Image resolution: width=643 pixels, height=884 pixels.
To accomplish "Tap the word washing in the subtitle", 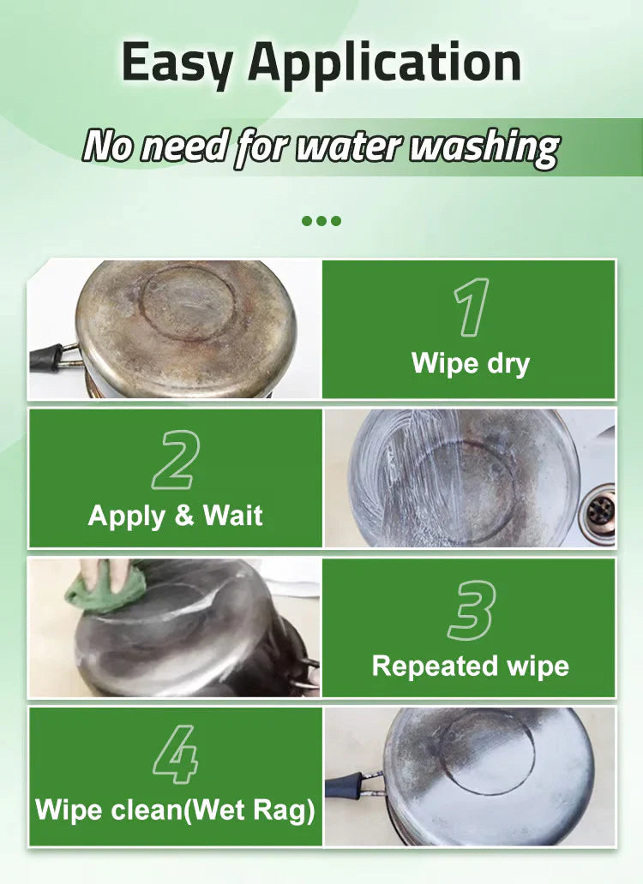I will click(484, 147).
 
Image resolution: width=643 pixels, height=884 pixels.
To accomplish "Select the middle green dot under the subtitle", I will click(321, 221).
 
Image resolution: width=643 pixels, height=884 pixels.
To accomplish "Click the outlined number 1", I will click(471, 307).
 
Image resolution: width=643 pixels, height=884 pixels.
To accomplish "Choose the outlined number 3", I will click(471, 611).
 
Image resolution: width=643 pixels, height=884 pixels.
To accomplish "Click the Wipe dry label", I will click(471, 362).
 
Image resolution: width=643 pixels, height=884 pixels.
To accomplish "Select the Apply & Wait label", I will click(176, 516).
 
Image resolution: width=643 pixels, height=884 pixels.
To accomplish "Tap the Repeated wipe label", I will click(471, 666).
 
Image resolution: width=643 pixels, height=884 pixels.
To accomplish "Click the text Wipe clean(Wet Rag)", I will click(176, 810).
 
